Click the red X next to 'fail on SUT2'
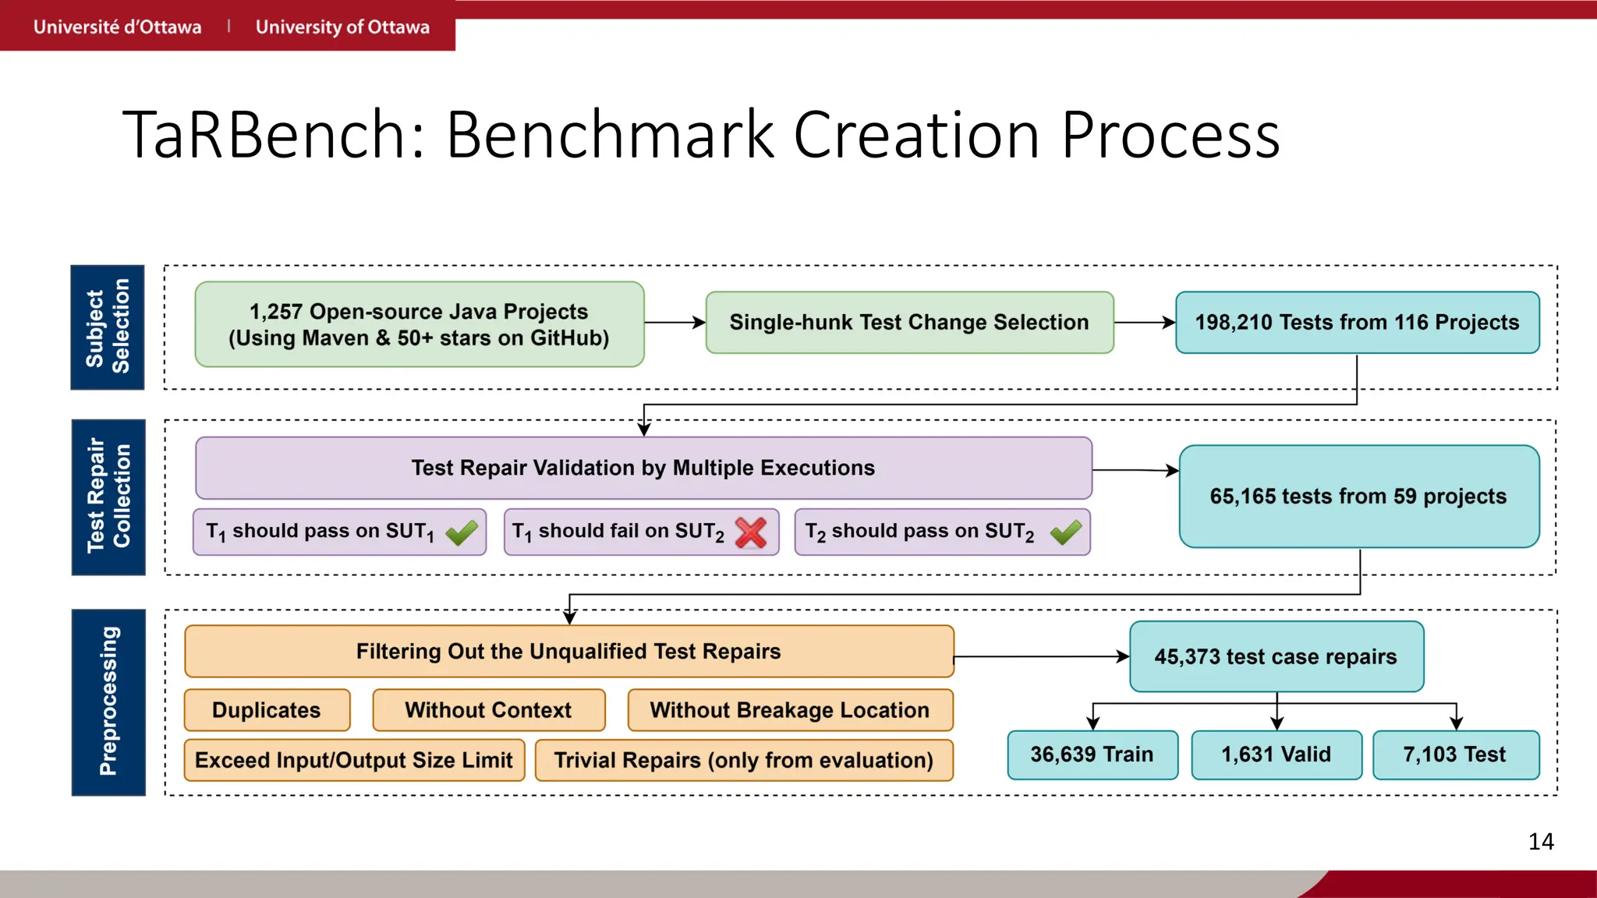click(x=751, y=532)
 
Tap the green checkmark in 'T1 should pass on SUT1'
click(x=462, y=532)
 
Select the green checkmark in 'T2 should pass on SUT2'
click(x=1065, y=532)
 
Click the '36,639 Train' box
click(x=1092, y=755)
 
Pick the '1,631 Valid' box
click(x=1276, y=755)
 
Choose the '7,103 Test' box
click(x=1455, y=755)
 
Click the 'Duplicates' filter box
click(x=267, y=710)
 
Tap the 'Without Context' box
click(x=488, y=710)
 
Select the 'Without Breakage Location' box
click(x=789, y=710)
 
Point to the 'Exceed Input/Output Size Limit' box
click(x=354, y=760)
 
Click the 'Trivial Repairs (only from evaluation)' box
click(x=743, y=760)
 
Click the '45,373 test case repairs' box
click(x=1276, y=656)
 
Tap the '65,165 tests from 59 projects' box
click(x=1358, y=497)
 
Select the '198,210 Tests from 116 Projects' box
click(x=1357, y=323)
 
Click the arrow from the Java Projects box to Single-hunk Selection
click(x=675, y=323)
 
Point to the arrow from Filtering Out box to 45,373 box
click(x=1041, y=656)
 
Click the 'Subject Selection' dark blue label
click(x=108, y=327)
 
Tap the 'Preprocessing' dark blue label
click(x=108, y=702)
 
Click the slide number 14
click(x=1540, y=842)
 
